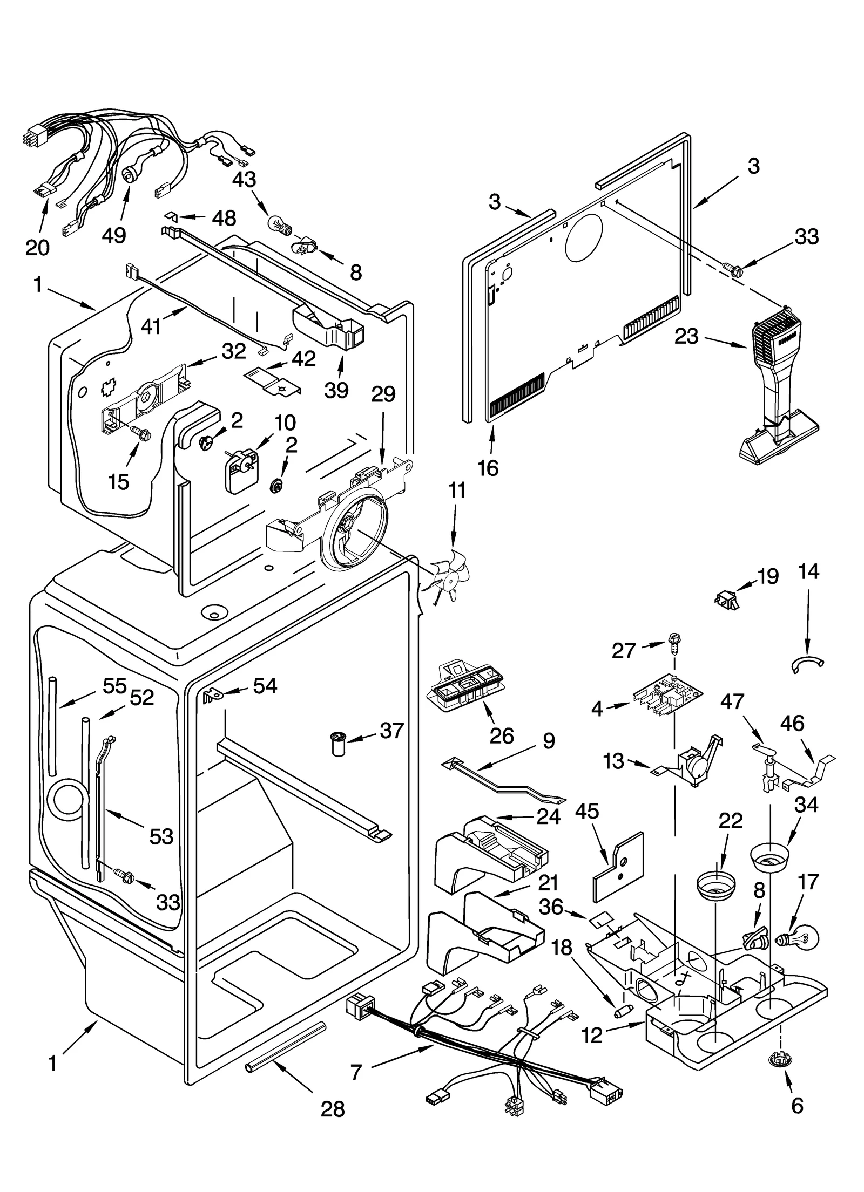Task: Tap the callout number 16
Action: click(488, 468)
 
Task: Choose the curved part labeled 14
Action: click(808, 665)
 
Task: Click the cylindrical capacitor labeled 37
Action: click(338, 745)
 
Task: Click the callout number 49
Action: click(114, 235)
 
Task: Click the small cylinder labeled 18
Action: click(624, 1010)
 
